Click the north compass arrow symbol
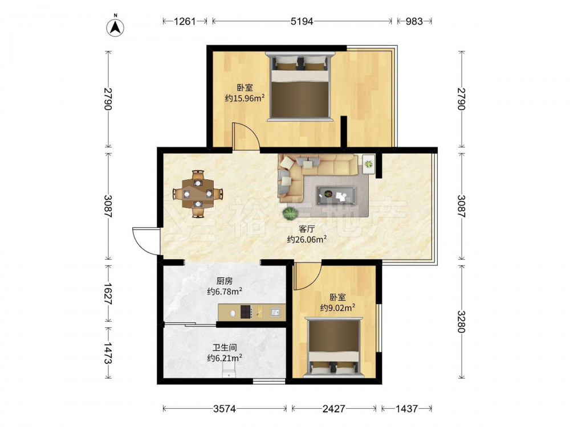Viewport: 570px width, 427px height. (115, 27)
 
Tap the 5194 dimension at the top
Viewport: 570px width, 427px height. (302, 22)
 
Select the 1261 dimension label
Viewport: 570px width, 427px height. (185, 22)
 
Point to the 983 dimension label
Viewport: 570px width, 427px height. (414, 22)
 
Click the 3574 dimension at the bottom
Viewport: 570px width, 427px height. (224, 409)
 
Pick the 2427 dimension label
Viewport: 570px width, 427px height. (333, 409)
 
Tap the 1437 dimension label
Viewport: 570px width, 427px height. (406, 409)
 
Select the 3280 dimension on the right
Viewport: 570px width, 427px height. (461, 321)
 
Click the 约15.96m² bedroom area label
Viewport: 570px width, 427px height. (245, 98)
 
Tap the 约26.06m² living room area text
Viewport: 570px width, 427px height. (307, 239)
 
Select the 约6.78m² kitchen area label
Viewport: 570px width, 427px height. (225, 291)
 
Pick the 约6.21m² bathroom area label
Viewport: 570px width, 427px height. (225, 358)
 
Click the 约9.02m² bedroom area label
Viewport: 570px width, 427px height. (337, 308)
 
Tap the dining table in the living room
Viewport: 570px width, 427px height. (198, 194)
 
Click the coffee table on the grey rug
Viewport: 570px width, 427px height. (336, 195)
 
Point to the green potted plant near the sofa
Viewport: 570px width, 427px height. (290, 213)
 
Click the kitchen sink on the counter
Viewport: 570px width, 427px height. (275, 312)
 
